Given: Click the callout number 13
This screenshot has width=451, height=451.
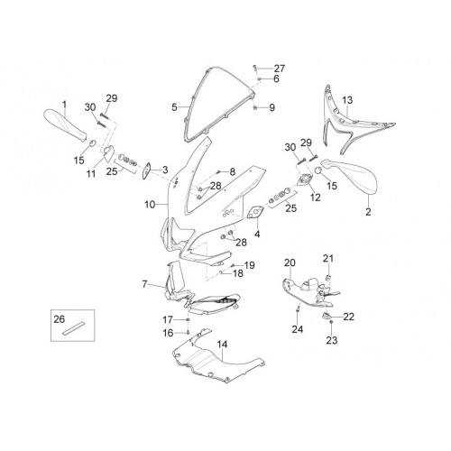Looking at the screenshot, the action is (347, 100).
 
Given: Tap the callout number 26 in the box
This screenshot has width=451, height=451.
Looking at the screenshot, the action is (60, 319).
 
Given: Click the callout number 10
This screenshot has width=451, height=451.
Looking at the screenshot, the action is (150, 205).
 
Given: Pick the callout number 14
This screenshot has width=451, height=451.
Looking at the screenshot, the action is (223, 345).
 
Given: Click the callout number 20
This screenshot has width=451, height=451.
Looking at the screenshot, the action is (290, 262).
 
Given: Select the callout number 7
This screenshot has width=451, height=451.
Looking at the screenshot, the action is (144, 284).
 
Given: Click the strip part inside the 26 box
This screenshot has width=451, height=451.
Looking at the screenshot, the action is (74, 328).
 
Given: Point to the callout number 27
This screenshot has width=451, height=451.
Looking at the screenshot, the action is (280, 69).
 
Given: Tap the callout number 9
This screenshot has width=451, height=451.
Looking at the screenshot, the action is (272, 107).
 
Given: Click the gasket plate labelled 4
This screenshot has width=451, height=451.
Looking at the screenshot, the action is (255, 212).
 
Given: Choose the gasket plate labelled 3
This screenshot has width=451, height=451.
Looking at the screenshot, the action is (147, 171).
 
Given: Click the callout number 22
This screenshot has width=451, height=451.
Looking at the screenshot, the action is (349, 317).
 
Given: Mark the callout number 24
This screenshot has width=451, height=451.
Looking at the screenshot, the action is (298, 329).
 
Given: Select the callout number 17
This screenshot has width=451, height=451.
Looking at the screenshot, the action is (168, 319).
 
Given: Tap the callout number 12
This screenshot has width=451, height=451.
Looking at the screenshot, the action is (315, 198).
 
